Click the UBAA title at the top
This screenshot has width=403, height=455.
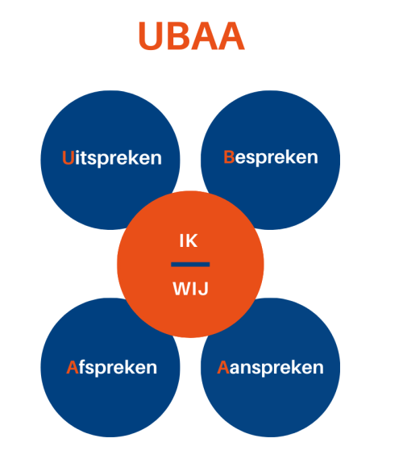click(x=192, y=36)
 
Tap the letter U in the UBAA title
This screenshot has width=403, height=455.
click(x=151, y=36)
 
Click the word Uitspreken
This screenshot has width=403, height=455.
click(x=112, y=158)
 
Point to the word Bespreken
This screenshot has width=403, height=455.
click(x=271, y=157)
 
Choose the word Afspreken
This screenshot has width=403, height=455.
click(x=111, y=368)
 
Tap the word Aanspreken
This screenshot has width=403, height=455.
click(x=270, y=368)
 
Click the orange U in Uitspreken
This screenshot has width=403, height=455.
click(x=69, y=158)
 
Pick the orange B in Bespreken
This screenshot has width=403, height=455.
click(x=229, y=157)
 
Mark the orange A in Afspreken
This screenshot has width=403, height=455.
click(x=73, y=367)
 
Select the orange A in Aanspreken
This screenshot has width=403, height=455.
click(x=223, y=367)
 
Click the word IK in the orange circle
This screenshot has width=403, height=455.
click(x=189, y=240)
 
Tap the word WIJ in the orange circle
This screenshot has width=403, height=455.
click(x=191, y=289)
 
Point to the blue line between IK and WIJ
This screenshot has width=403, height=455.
click(x=190, y=265)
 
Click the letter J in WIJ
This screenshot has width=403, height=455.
click(x=204, y=289)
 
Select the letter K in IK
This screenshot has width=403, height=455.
click(x=191, y=240)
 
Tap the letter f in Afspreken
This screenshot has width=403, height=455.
click(x=82, y=367)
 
